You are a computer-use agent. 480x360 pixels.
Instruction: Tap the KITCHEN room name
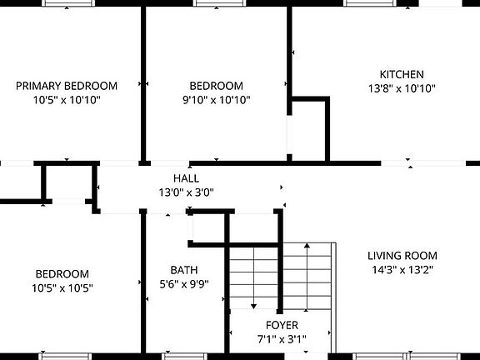pos(402,74)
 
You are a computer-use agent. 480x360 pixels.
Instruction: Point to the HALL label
pos(186,178)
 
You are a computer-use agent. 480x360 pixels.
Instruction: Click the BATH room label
pos(184,270)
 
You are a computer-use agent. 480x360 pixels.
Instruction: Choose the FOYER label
pos(282,325)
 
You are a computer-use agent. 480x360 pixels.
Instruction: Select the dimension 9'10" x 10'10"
pos(216,100)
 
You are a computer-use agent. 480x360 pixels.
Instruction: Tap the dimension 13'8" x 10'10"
pos(402,88)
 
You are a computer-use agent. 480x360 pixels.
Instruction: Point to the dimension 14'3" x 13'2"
pos(402,270)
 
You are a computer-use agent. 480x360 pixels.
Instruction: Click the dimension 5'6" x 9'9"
pos(184,283)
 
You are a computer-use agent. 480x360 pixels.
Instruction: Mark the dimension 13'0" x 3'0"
pos(186,192)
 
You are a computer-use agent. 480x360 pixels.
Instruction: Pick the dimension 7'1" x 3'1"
pos(282,338)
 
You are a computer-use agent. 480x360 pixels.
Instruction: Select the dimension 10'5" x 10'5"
pos(62,288)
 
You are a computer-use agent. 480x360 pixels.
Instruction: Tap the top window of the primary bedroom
pos(67,3)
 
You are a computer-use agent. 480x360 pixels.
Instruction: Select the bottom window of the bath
pos(184,356)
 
